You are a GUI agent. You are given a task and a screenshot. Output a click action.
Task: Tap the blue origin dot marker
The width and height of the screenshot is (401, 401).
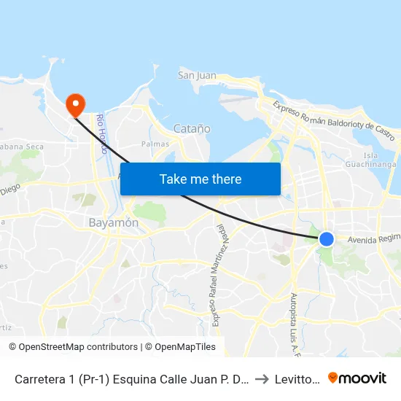pyautogui.click(x=327, y=238)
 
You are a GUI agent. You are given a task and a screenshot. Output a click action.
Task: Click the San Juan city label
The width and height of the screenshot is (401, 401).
pyautogui.click(x=197, y=75)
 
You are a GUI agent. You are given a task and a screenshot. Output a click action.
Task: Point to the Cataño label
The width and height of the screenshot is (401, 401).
pyautogui.click(x=192, y=129)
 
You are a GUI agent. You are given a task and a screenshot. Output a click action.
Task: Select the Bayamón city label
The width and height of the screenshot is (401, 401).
pyautogui.click(x=113, y=222)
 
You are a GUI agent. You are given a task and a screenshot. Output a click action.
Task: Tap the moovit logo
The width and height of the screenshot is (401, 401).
pyautogui.click(x=357, y=378)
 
